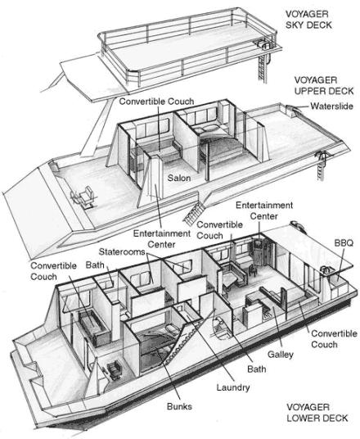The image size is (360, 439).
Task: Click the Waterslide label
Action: click(331, 106)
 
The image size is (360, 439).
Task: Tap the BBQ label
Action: click(344, 243)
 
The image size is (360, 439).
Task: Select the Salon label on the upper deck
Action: click(179, 178)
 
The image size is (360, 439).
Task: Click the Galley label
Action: click(281, 355)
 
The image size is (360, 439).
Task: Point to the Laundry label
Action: click(233, 387)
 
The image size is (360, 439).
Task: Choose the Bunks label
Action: click(179, 406)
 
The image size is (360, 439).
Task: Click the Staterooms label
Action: click(122, 252)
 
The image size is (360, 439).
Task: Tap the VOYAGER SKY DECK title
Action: click(308, 20)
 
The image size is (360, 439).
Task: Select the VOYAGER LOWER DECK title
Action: click(317, 413)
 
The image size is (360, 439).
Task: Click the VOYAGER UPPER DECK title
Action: click(324, 86)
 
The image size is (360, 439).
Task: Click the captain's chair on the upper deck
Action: click(84, 197)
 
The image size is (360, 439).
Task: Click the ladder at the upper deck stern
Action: click(321, 166)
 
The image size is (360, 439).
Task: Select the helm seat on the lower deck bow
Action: click(113, 369)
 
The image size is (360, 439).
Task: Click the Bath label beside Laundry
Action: click(257, 369)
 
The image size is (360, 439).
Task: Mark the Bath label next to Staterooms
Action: click(95, 265)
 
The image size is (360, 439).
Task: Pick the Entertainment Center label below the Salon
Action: click(161, 239)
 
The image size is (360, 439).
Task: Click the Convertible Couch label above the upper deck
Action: click(156, 102)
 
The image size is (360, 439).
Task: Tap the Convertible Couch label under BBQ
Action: click(334, 339)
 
